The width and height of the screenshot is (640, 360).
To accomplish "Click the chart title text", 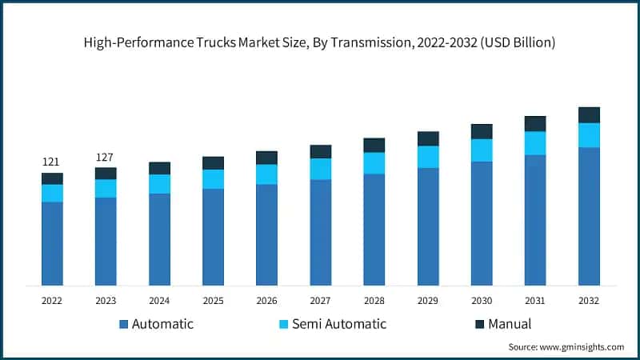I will [320, 42].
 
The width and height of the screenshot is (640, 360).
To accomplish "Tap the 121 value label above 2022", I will [51, 162].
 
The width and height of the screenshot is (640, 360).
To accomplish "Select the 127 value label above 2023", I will [105, 157].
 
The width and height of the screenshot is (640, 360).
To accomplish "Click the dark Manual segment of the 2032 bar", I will [589, 115].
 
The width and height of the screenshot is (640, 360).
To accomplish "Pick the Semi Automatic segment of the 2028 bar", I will [374, 163].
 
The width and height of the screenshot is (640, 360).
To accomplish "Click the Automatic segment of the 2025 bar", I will [213, 237].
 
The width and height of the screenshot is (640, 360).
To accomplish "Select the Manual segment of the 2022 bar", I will [52, 178].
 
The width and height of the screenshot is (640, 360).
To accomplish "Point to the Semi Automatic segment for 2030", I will [482, 150].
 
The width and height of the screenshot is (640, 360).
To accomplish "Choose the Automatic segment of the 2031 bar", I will [535, 220].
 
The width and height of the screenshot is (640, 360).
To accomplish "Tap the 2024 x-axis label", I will [159, 301].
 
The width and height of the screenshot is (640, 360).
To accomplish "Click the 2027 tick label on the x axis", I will [320, 301].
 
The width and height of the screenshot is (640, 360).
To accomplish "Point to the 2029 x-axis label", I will [428, 301].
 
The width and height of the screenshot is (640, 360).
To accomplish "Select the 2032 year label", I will [589, 301].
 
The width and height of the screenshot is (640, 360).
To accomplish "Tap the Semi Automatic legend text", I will [338, 324].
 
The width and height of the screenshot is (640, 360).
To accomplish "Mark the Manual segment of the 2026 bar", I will [266, 158].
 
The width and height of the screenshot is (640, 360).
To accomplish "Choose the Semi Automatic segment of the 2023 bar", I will [106, 188].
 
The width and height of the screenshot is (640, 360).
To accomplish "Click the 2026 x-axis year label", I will [266, 301].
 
